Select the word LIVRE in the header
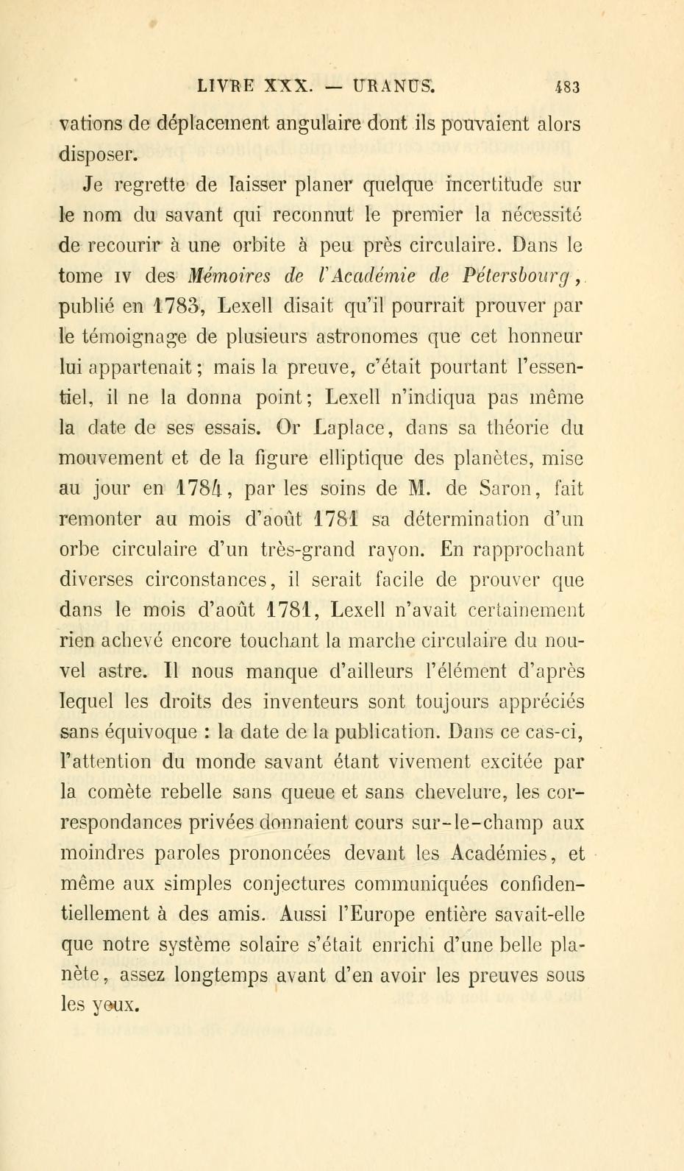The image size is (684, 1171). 225,85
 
